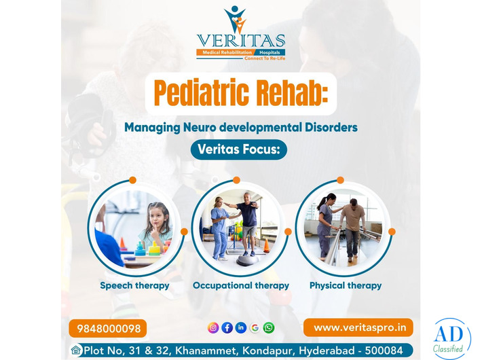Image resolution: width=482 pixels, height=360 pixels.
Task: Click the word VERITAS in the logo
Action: point(241,41)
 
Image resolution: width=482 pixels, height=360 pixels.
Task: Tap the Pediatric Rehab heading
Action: point(241,93)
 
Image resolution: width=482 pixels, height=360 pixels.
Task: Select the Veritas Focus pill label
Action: point(238,149)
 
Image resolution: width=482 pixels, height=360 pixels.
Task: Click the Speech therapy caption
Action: point(134,285)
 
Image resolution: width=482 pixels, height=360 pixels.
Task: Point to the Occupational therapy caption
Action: point(241,285)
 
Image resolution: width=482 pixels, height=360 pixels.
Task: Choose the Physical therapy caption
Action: point(346,285)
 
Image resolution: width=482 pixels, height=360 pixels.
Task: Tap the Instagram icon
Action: point(213,328)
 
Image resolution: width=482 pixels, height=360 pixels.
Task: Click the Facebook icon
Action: point(227,328)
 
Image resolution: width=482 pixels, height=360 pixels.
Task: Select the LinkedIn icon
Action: point(241,328)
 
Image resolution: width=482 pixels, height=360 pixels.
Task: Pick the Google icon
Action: point(255,328)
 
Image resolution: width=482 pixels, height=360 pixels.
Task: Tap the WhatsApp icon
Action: point(269,328)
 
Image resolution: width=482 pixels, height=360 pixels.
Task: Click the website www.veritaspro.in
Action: point(358,327)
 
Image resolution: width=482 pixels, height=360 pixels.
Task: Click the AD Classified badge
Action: point(451,338)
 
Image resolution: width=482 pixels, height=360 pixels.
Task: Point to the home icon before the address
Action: point(76,350)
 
